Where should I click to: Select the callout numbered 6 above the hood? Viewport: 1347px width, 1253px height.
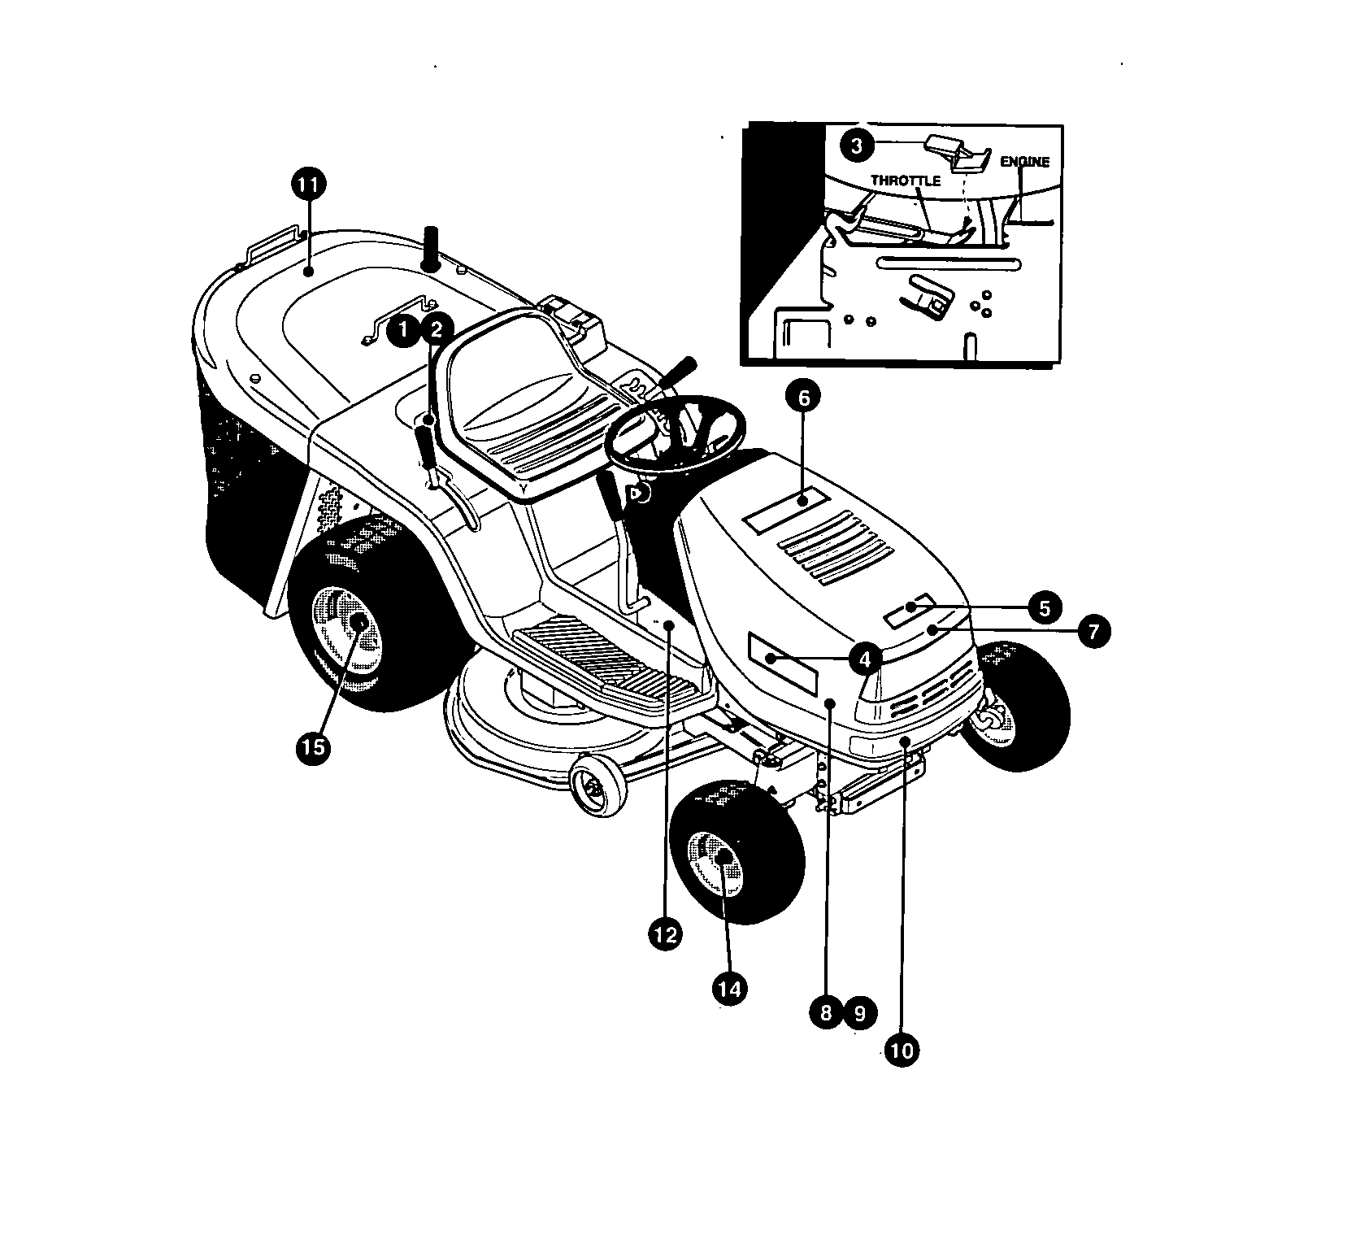coord(803,398)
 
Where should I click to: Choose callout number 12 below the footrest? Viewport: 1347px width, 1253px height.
coord(665,934)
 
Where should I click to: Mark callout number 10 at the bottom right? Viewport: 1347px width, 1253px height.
coord(902,1051)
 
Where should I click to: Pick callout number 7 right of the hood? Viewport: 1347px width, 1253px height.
coord(1094,631)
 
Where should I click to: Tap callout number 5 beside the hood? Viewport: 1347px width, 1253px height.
coord(1045,607)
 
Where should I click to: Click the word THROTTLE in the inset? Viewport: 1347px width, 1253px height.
coord(906,181)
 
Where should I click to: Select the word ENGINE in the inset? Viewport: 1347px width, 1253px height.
coord(1024,162)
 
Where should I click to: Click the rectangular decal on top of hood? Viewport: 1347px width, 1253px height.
coord(785,511)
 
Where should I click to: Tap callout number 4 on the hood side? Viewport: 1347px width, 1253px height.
coord(865,657)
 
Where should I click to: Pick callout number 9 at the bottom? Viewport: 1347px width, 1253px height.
coord(860,1012)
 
